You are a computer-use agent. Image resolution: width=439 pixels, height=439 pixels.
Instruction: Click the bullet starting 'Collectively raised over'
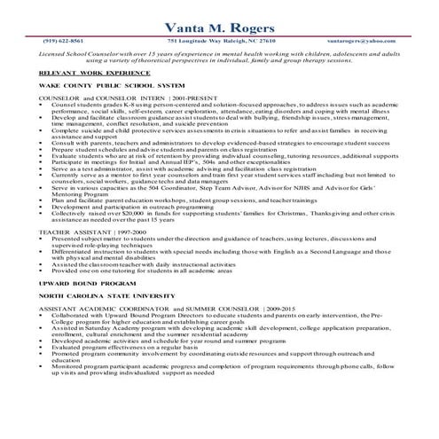coord(222,213)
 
